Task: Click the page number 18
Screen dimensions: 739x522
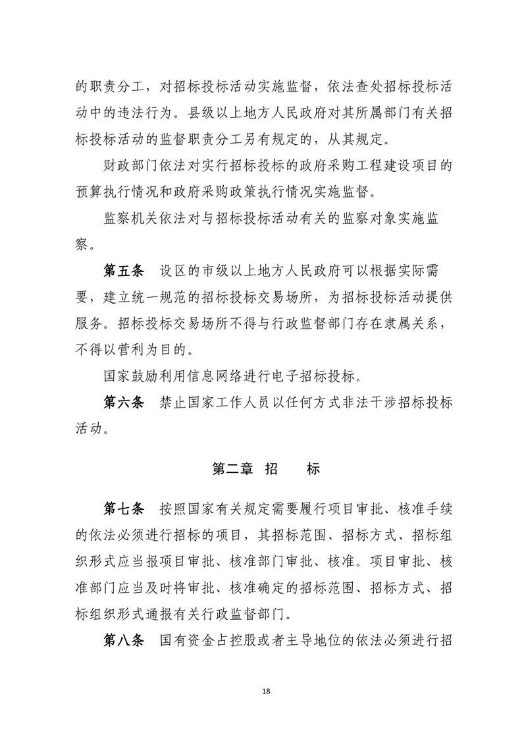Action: (265, 691)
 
